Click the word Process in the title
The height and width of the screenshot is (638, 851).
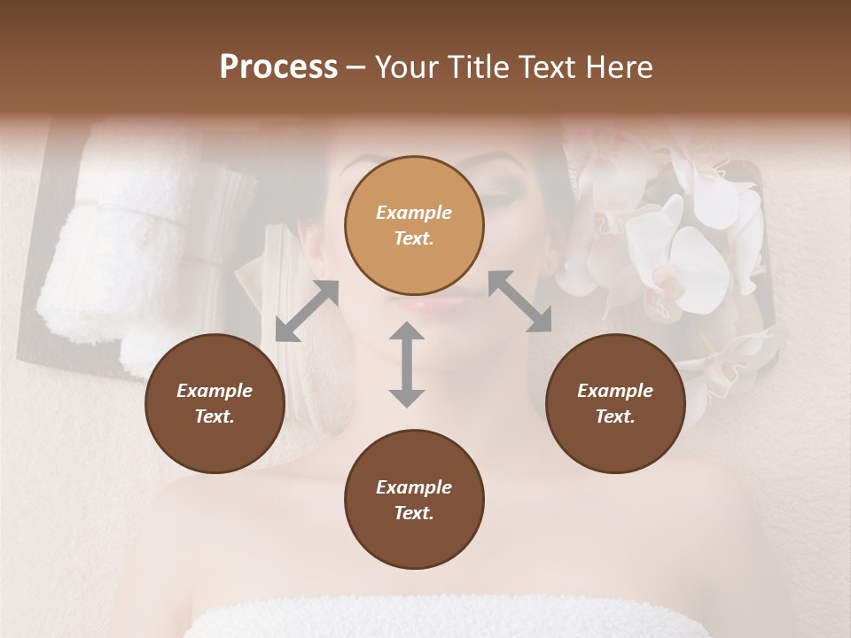[x=278, y=67]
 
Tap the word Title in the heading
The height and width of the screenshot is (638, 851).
[x=478, y=67]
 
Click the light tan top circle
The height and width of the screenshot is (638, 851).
[x=414, y=225]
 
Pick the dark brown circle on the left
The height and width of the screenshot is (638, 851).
[x=215, y=403]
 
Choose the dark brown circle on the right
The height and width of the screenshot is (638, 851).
[x=615, y=403]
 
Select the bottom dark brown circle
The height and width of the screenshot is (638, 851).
[x=414, y=500]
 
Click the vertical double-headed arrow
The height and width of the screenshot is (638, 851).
[x=407, y=364]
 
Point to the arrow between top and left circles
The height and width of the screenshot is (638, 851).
[x=307, y=311]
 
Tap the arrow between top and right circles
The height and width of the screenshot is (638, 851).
[x=519, y=301]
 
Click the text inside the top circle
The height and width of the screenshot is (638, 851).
[x=414, y=225]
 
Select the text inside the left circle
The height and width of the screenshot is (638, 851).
[x=215, y=403]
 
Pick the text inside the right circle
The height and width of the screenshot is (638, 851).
[x=615, y=403]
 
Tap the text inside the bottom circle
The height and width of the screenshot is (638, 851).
[x=414, y=500]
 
